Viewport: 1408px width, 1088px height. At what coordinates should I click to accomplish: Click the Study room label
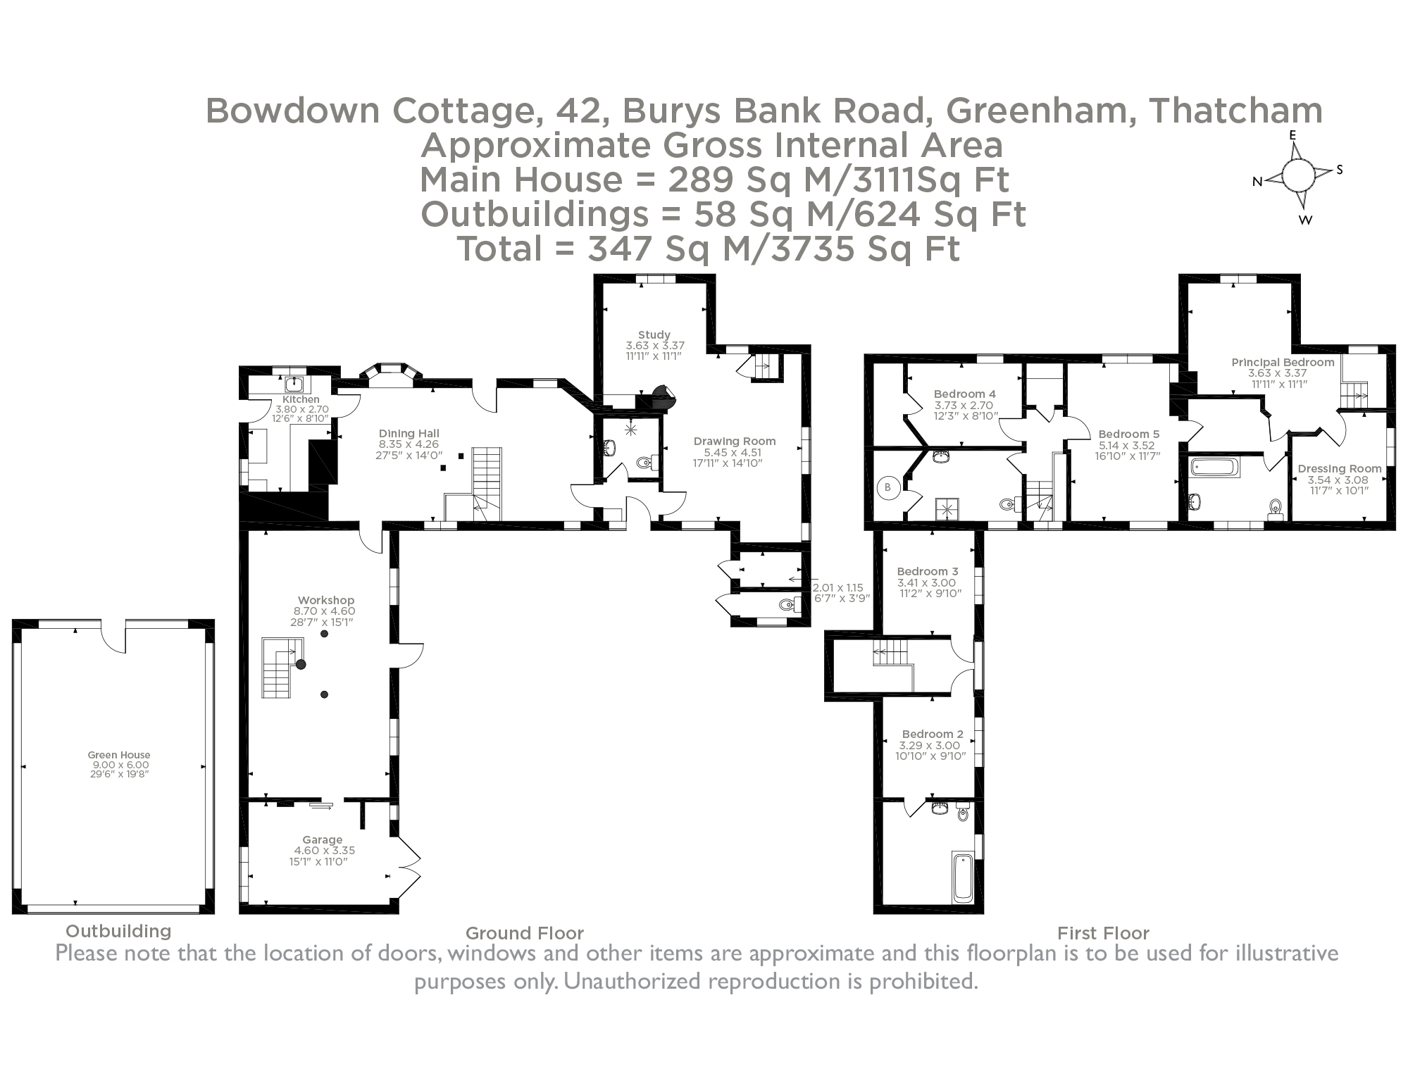(x=654, y=334)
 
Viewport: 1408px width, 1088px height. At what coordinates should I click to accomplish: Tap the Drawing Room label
(x=735, y=442)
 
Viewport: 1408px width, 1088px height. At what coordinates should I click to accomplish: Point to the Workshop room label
(x=326, y=601)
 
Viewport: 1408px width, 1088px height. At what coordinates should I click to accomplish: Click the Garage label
(x=323, y=839)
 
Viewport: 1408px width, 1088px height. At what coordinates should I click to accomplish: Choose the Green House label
(x=119, y=755)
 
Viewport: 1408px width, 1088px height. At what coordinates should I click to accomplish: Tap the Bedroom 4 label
(x=964, y=394)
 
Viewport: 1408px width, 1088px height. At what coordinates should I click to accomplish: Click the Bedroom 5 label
(x=1128, y=434)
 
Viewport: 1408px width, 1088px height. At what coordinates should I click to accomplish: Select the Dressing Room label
(x=1339, y=468)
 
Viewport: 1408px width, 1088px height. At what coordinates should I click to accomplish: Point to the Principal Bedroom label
(x=1283, y=362)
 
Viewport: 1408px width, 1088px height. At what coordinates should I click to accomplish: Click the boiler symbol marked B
(x=888, y=487)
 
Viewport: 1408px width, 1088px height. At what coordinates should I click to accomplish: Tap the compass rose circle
(x=1297, y=175)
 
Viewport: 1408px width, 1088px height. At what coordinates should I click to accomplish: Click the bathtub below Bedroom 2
(x=962, y=877)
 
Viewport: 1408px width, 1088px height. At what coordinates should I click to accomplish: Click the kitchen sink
(x=294, y=384)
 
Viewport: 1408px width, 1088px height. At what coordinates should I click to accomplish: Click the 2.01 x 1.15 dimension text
(x=837, y=587)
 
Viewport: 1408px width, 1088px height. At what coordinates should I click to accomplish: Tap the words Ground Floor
(x=525, y=933)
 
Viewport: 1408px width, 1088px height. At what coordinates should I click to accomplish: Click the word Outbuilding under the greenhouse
(x=118, y=931)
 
